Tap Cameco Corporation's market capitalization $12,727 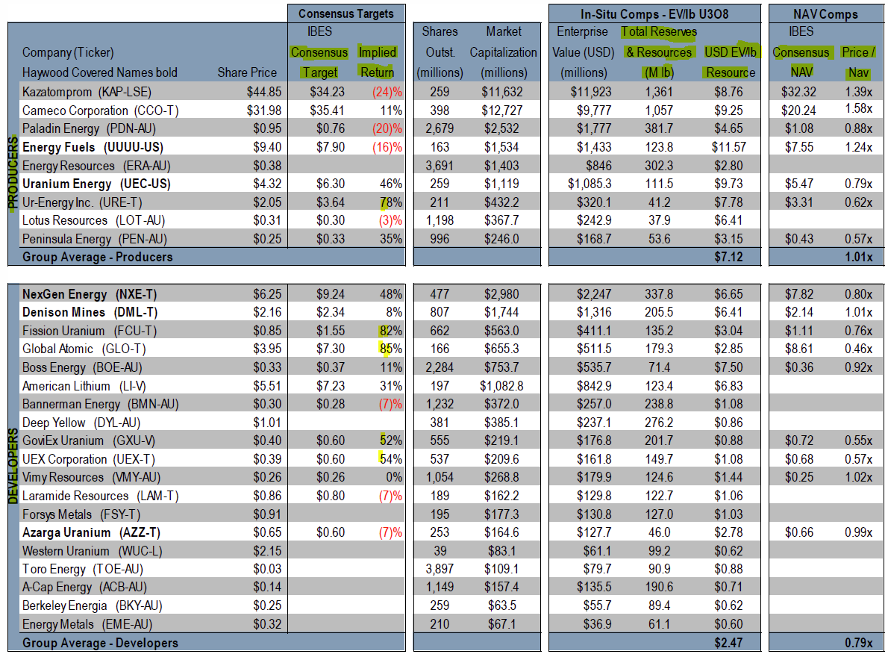(512, 110)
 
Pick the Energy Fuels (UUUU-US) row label (93, 147)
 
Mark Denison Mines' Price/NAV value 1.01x (857, 312)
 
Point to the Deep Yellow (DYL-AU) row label (71, 423)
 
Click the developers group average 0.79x (857, 642)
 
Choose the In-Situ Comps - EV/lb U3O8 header (654, 13)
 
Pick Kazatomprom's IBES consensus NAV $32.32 (801, 92)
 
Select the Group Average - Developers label (100, 642)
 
